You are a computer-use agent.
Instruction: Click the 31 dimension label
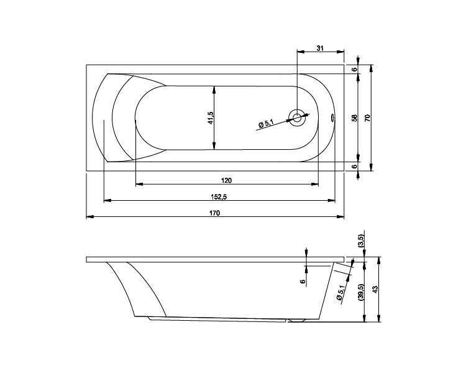(320, 48)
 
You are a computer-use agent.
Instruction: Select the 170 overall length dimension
(214, 213)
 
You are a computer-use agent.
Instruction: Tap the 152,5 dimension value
(219, 196)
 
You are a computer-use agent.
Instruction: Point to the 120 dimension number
(226, 180)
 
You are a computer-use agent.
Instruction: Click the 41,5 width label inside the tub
(211, 117)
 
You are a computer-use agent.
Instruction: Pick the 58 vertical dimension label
(354, 117)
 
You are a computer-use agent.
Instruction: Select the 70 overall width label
(367, 117)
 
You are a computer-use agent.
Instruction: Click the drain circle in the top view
(297, 117)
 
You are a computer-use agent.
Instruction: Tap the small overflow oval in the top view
(332, 118)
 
